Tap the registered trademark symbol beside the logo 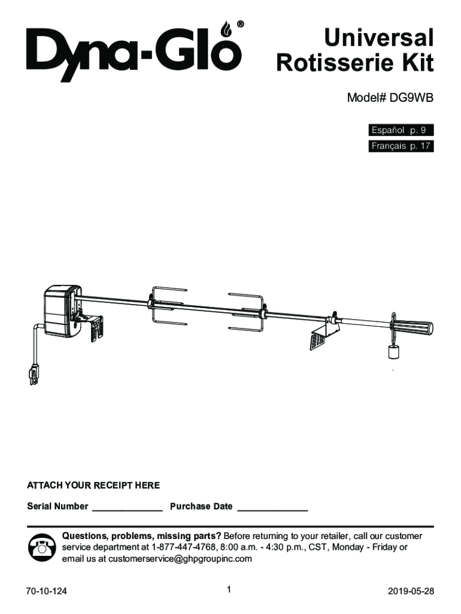pyautogui.click(x=240, y=25)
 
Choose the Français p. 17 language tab pyautogui.click(x=400, y=146)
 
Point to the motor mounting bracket pyautogui.click(x=94, y=327)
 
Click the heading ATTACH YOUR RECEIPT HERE pyautogui.click(x=93, y=484)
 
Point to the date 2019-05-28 pyautogui.click(x=411, y=591)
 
